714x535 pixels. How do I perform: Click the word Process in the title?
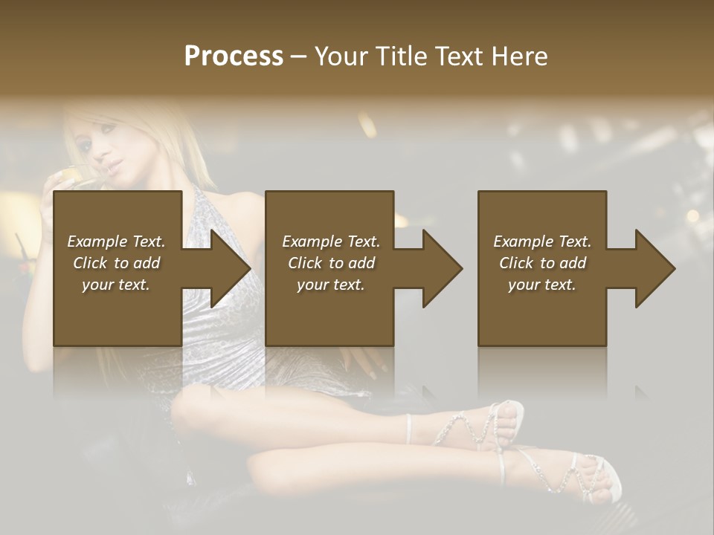(234, 56)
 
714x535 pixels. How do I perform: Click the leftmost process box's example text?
(116, 263)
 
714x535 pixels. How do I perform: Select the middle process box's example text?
(331, 263)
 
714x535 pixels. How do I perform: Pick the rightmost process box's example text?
(542, 263)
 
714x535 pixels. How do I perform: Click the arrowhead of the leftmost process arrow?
(231, 268)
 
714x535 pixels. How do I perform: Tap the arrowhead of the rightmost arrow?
(655, 268)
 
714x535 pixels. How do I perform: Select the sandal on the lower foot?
(565, 476)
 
